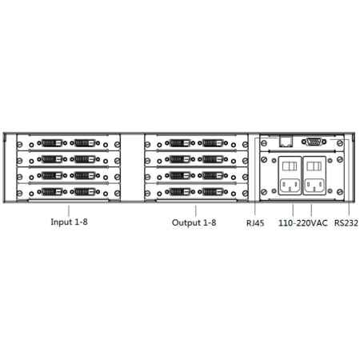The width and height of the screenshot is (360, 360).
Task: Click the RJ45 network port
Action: tap(286, 142)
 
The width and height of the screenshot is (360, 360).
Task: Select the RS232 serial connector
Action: tap(314, 142)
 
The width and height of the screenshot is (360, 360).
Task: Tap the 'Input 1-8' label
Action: tap(69, 222)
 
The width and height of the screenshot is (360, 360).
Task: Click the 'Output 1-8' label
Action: tap(194, 222)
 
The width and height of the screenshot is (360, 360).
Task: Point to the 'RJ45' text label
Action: tap(255, 223)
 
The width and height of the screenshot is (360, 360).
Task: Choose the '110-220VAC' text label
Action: tap(303, 223)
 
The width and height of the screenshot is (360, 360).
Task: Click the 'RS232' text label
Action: tap(346, 223)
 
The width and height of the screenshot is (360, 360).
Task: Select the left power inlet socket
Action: tap(290, 186)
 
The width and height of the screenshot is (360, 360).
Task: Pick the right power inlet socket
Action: tap(314, 186)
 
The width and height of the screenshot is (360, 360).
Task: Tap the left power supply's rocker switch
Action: tap(290, 166)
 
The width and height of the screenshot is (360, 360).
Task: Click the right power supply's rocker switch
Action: tap(314, 166)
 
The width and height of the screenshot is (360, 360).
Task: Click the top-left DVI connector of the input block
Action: tap(52, 143)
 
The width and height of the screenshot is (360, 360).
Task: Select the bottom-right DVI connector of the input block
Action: tap(85, 192)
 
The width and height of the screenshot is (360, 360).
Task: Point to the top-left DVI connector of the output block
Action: tap(180, 143)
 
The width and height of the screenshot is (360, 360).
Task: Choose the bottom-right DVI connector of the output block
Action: tap(213, 192)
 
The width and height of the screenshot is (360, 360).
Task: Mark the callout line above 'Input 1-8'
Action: tap(69, 210)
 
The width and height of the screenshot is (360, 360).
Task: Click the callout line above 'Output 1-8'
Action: tap(196, 210)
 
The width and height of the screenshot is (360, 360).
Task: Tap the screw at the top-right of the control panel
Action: tap(340, 143)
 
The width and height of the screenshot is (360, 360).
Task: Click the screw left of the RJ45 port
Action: tap(264, 143)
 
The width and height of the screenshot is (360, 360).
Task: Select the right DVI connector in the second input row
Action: tap(85, 159)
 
